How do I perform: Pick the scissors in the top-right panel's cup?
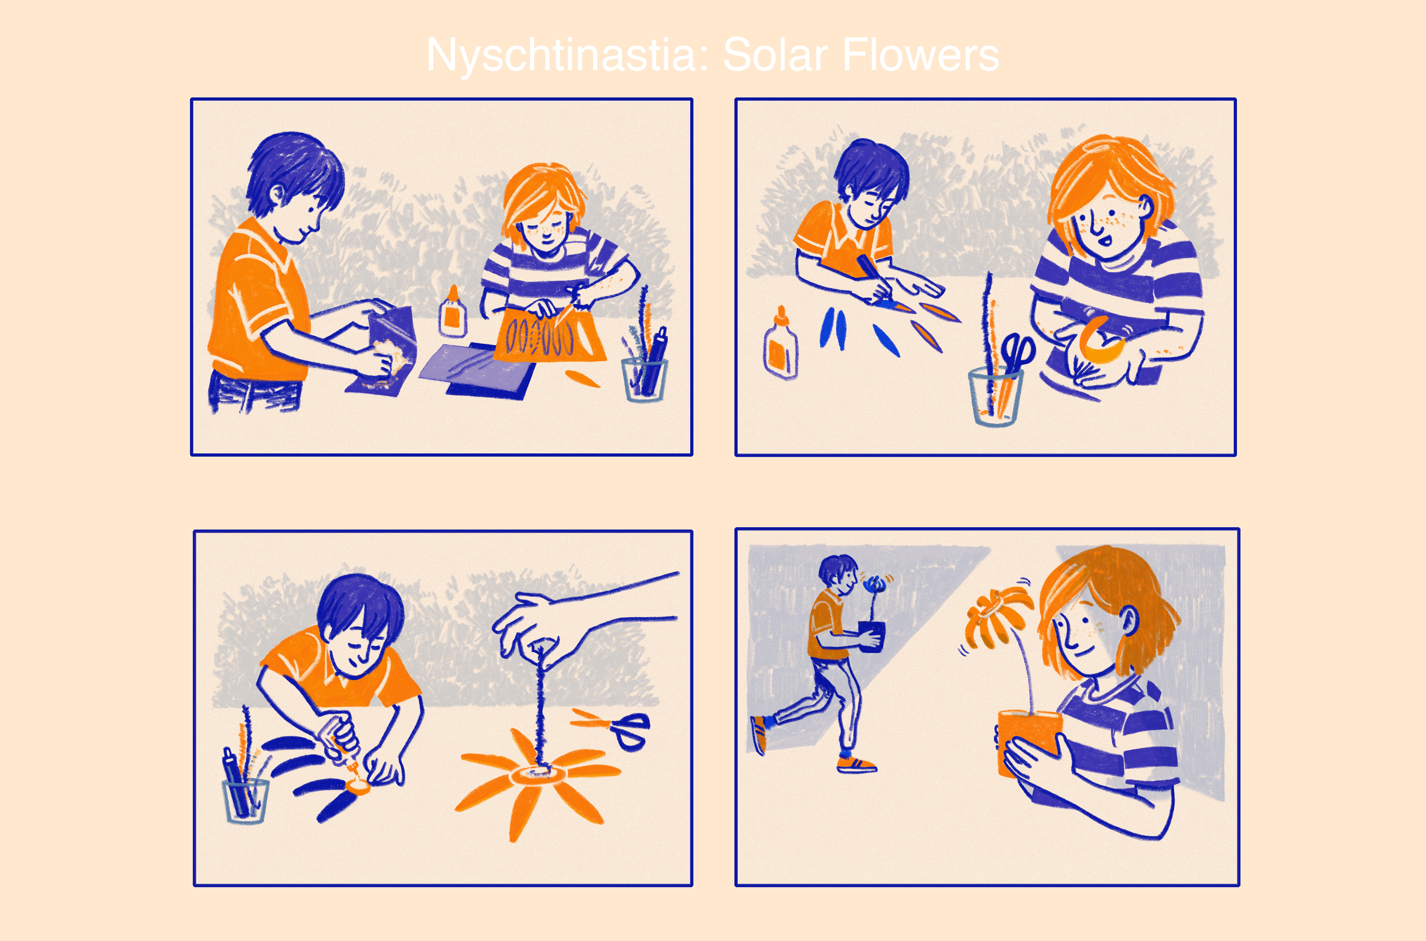pyautogui.click(x=1016, y=354)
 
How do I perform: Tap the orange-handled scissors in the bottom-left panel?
pyautogui.click(x=612, y=727)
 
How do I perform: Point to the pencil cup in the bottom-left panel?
pyautogui.click(x=246, y=801)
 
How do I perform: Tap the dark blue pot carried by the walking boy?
pyautogui.click(x=872, y=636)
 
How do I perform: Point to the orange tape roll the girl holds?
pyautogui.click(x=1099, y=341)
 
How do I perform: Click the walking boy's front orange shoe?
pyautogui.click(x=857, y=765)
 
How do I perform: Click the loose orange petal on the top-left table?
pyautogui.click(x=582, y=379)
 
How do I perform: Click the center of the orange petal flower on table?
pyautogui.click(x=538, y=774)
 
